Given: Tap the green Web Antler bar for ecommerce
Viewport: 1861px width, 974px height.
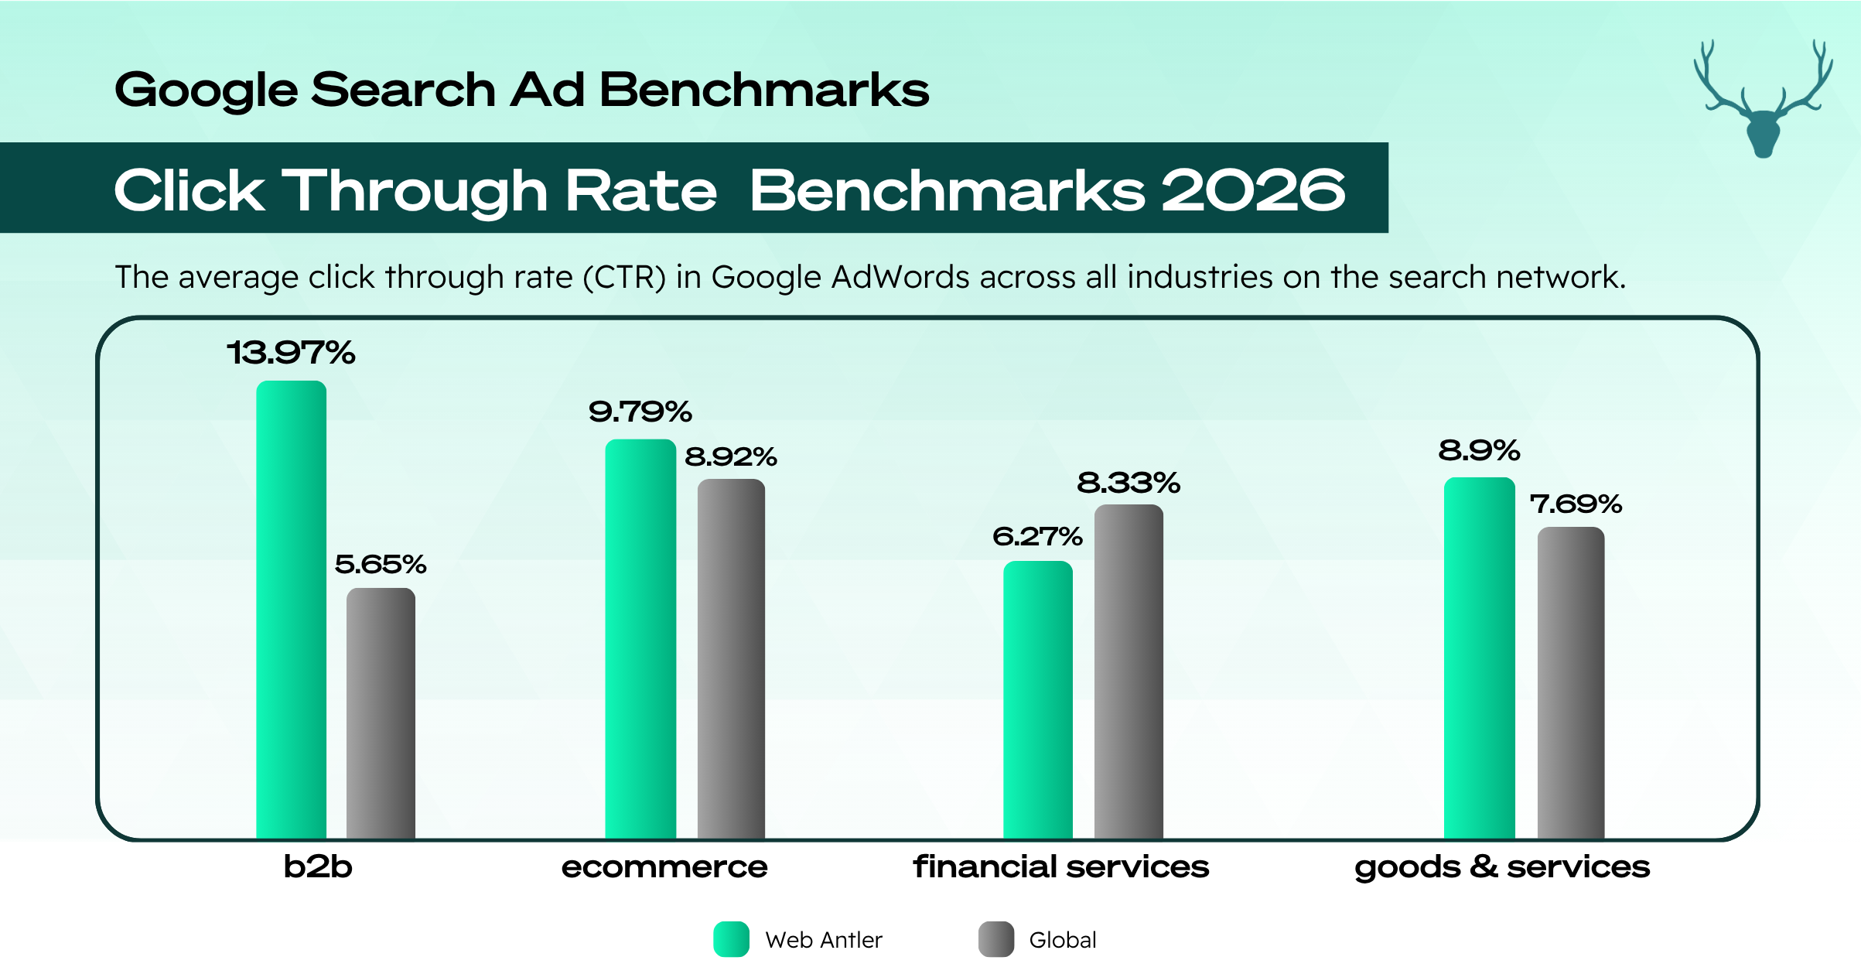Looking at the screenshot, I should click(640, 639).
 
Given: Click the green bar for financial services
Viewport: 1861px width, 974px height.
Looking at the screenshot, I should click(1038, 700).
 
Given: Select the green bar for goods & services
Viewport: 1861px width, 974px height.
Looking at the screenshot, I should click(1479, 658).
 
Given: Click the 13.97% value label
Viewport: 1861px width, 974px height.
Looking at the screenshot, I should click(291, 353).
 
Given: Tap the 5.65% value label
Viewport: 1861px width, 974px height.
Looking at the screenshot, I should click(381, 564).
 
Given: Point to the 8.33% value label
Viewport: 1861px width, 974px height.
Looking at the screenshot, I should click(1129, 483).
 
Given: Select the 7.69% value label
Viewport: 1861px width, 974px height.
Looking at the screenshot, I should click(1576, 504).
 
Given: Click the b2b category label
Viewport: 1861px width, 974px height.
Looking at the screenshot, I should click(318, 866).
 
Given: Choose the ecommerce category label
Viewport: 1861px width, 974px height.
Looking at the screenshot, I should click(664, 866).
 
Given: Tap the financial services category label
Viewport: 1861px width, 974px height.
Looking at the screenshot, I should click(1060, 866).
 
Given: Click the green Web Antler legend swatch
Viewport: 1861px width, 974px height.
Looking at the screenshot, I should click(731, 939).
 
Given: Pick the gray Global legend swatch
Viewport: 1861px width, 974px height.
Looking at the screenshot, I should click(995, 939).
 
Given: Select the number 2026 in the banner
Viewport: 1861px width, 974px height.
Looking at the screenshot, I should click(1253, 190).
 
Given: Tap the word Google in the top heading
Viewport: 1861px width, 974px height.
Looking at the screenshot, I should click(206, 90).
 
